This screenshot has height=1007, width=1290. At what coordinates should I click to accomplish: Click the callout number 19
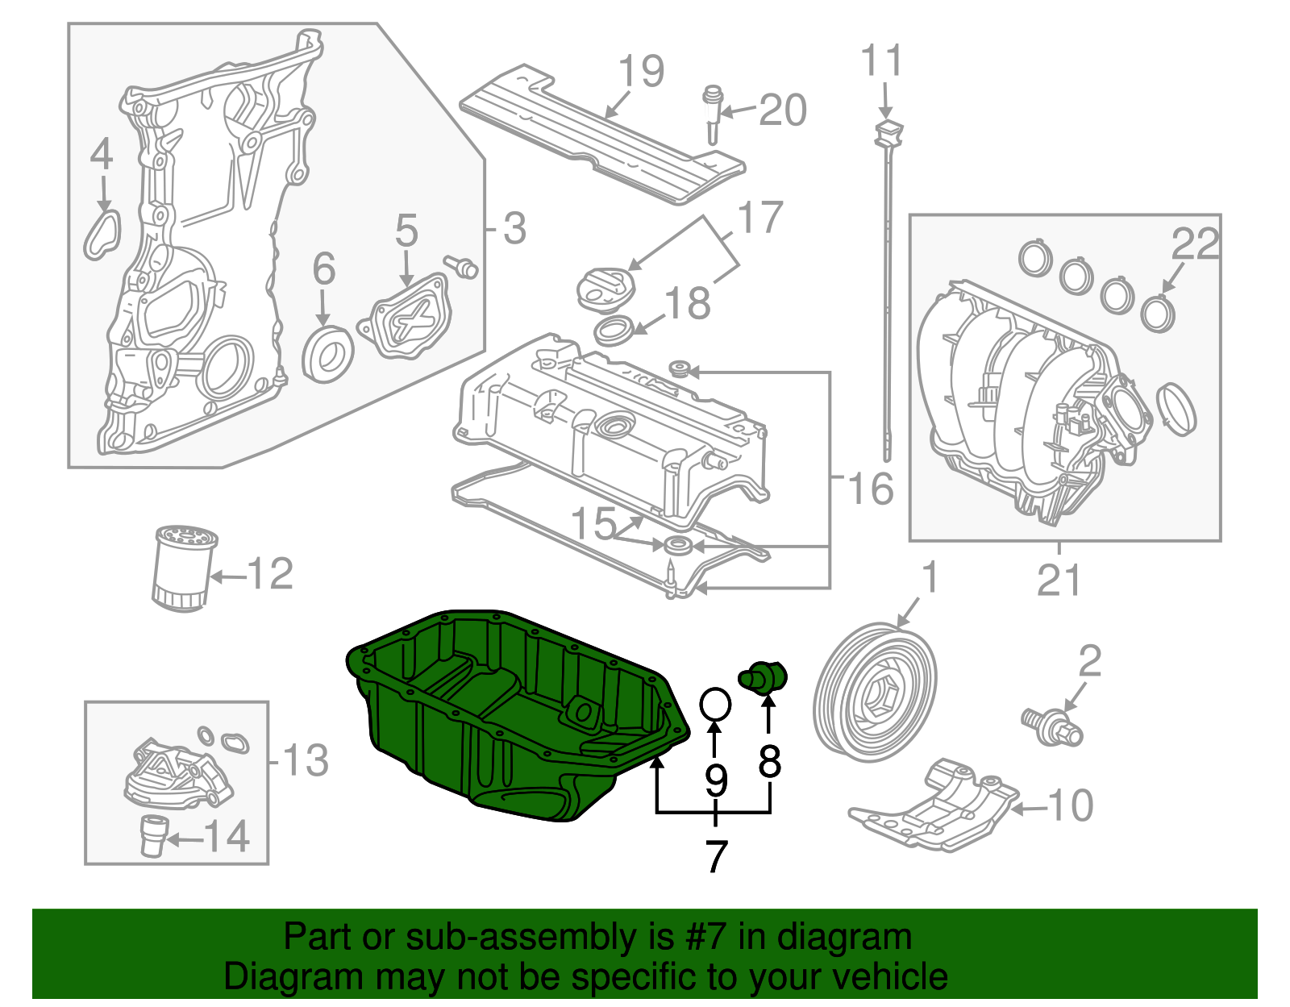tap(642, 71)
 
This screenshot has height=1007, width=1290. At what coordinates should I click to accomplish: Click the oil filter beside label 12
tap(183, 568)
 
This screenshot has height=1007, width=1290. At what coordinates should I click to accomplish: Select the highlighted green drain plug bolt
tap(764, 676)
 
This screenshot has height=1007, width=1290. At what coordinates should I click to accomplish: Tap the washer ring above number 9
tap(715, 704)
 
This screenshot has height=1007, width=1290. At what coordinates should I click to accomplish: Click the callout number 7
tap(716, 856)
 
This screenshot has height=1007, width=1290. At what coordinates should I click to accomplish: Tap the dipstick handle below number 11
tap(888, 134)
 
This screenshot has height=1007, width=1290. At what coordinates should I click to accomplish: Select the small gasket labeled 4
tap(102, 234)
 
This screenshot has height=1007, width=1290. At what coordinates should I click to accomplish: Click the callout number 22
tap(1196, 243)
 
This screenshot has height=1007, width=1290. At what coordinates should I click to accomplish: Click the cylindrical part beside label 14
tap(152, 835)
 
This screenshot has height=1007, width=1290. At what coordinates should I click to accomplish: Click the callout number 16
tap(871, 489)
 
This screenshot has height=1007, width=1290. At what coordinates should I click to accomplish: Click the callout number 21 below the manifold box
tap(1059, 580)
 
